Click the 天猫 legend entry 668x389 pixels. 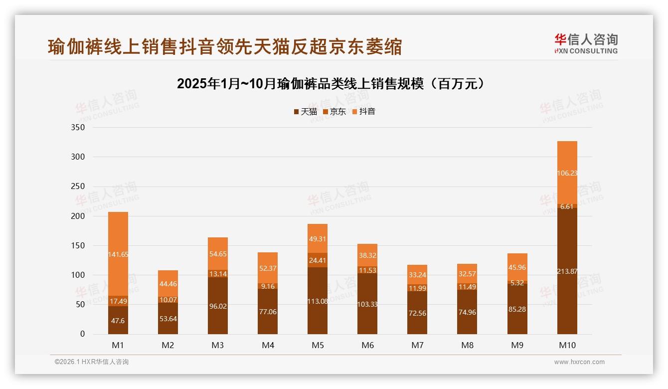(x=305, y=112)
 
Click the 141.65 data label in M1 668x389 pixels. (x=118, y=254)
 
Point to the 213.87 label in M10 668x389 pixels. (x=567, y=271)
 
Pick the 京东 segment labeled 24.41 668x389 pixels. (x=318, y=260)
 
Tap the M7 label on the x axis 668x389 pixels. (x=417, y=345)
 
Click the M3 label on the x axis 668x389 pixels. (x=218, y=345)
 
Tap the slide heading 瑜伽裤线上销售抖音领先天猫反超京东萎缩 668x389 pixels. (x=225, y=47)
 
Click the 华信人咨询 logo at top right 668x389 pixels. (x=586, y=43)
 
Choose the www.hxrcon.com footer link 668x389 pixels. (x=579, y=362)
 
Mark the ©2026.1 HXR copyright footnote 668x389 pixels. (x=92, y=362)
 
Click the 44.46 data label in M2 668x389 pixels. (x=168, y=284)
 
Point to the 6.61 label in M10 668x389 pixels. (x=567, y=206)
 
